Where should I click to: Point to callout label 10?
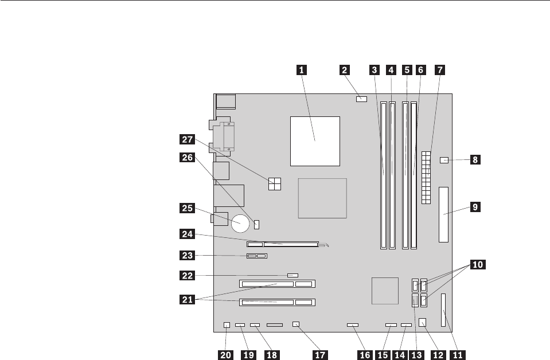[478, 265]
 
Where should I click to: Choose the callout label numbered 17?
[321, 355]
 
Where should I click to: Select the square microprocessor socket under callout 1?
[315, 140]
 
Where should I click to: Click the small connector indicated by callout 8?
[444, 160]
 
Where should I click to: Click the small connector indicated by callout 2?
[361, 100]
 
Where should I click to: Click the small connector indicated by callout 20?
[227, 325]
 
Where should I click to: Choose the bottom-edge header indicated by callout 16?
[353, 325]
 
